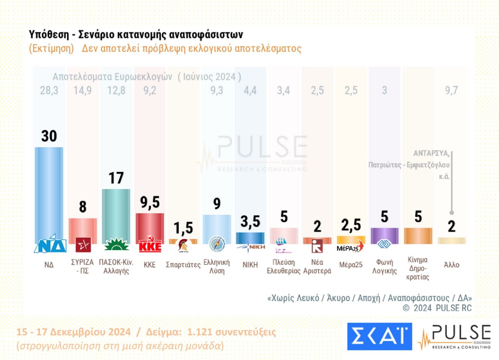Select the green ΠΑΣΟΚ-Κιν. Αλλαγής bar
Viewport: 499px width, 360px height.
(116, 215)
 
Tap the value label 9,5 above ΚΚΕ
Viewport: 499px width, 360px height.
(150, 202)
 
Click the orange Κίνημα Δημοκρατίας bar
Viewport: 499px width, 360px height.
(418, 236)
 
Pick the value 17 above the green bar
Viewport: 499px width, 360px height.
(116, 178)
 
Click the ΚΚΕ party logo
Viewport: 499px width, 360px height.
(150, 245)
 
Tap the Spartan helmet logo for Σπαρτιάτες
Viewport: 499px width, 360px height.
(183, 246)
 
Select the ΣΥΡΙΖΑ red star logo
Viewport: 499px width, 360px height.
(83, 245)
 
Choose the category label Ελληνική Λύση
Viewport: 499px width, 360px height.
(217, 266)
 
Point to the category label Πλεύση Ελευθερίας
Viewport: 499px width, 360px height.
(283, 266)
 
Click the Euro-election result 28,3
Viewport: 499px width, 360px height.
(49, 90)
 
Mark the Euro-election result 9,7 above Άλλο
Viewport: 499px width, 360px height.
(451, 90)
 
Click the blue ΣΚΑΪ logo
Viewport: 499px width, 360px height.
(379, 336)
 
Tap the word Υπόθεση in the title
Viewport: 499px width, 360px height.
(49, 34)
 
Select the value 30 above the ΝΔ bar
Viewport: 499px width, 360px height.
(49, 136)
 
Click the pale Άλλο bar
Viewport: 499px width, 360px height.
(452, 241)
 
